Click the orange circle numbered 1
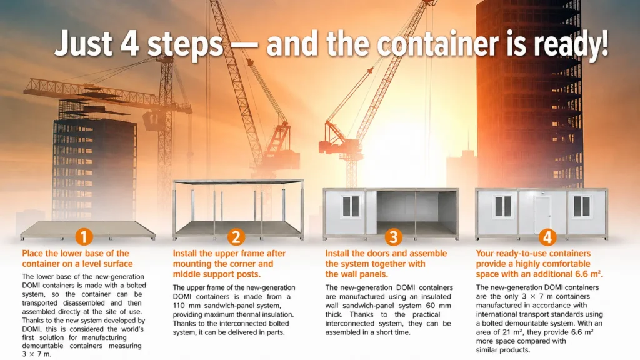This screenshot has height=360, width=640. click(x=84, y=237)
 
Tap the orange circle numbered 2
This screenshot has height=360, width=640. click(x=236, y=237)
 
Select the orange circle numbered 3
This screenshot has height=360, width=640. click(x=394, y=237)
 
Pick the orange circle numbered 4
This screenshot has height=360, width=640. click(x=547, y=237)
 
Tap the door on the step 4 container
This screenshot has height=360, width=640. click(x=542, y=216)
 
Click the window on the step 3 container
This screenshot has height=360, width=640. click(x=351, y=206)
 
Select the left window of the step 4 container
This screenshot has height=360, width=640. click(x=503, y=206)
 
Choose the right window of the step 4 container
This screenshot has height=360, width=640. click(x=582, y=206)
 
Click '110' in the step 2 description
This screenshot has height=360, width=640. click(x=179, y=306)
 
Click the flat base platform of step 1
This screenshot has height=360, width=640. click(x=87, y=230)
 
